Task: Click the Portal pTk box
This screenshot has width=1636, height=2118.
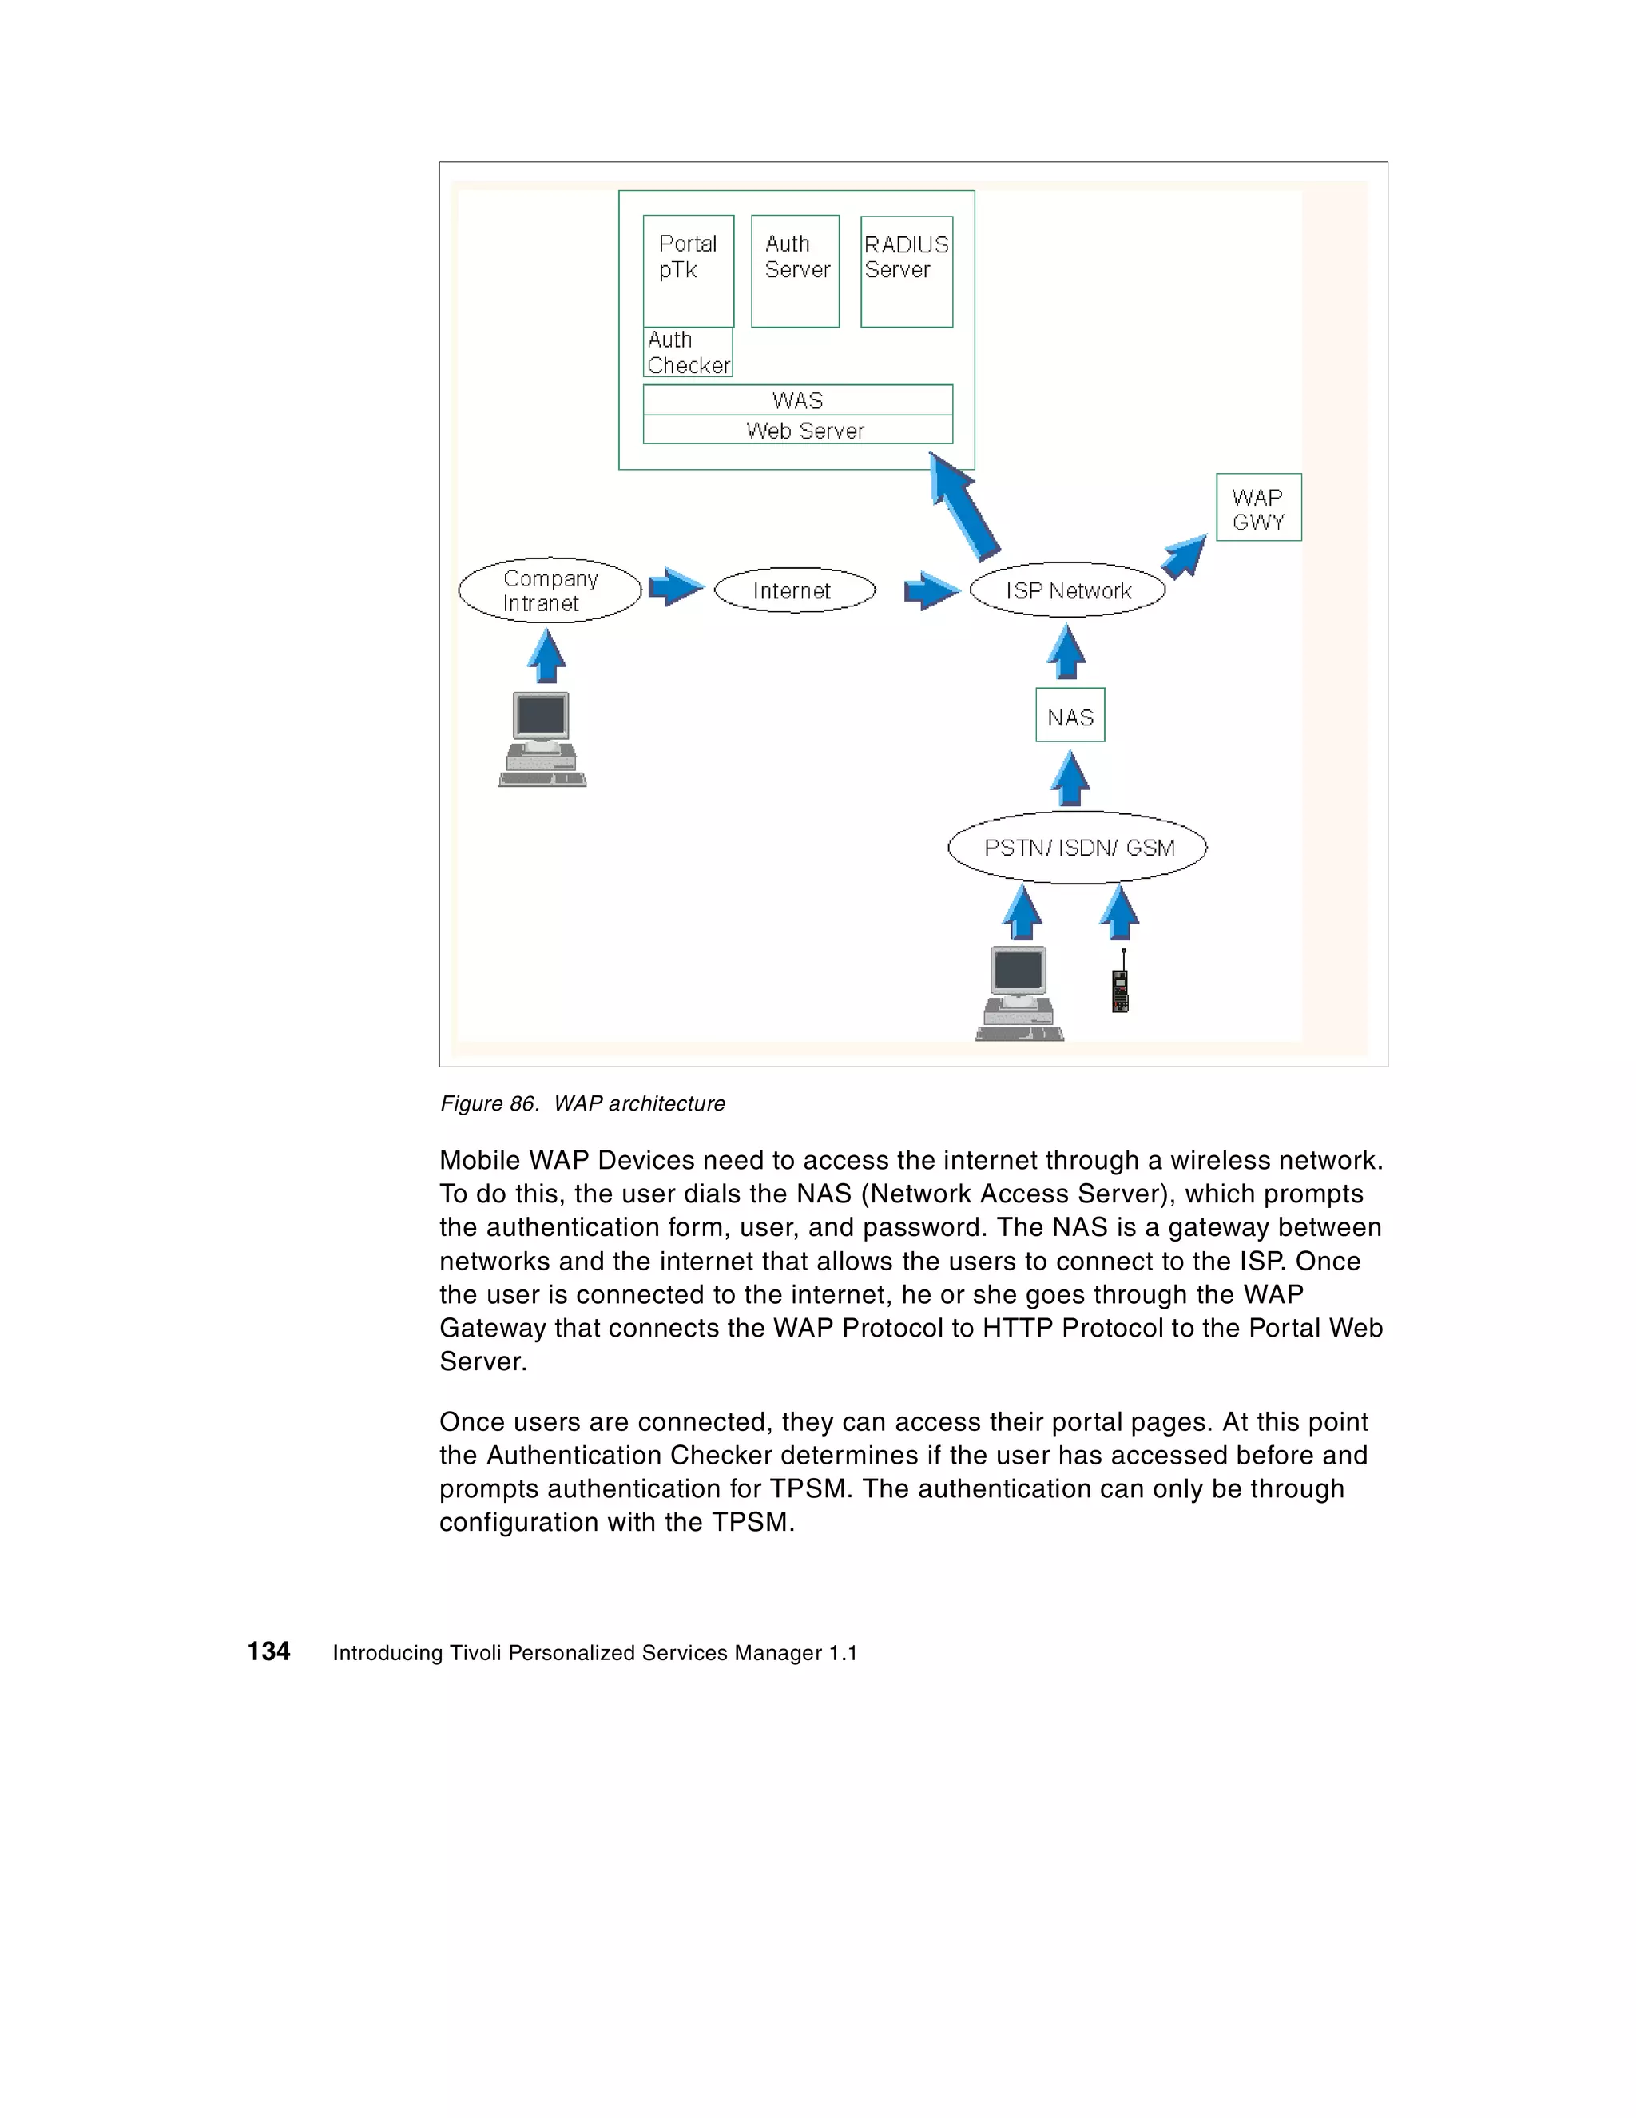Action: point(688,271)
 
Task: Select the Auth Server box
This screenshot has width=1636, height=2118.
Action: point(794,271)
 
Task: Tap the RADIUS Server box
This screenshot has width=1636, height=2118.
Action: point(906,271)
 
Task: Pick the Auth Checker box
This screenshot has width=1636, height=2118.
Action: point(688,352)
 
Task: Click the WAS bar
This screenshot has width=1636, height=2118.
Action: point(797,399)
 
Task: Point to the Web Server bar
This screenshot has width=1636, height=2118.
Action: point(797,430)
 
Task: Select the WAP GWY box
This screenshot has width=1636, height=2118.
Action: point(1258,507)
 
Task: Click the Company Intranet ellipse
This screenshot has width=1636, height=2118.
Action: point(549,590)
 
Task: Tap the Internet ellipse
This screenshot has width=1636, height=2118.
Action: point(793,590)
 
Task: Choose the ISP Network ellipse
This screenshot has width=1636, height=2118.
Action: point(1066,590)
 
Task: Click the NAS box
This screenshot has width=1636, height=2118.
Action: point(1070,716)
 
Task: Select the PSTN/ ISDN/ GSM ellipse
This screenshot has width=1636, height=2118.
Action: point(1078,847)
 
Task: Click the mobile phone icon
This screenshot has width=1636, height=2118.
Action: point(1120,985)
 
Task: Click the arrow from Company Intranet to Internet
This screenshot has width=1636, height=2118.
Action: point(674,586)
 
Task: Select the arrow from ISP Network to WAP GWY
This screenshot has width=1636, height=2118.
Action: point(1185,557)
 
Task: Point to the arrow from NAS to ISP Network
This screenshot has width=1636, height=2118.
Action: point(1066,652)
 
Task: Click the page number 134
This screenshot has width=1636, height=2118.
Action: point(268,1651)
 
